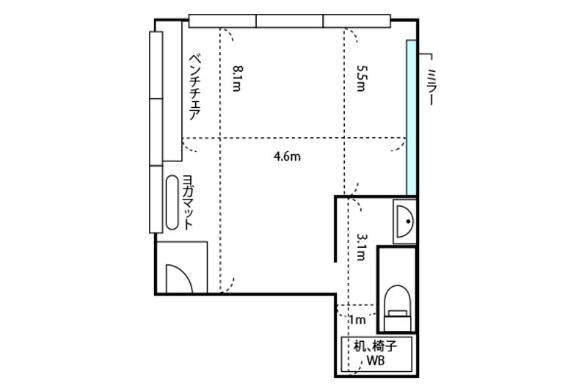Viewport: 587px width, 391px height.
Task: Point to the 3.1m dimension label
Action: tap(360, 247)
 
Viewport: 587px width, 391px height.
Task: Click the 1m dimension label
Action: tap(357, 320)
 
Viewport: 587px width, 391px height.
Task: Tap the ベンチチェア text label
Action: tap(194, 87)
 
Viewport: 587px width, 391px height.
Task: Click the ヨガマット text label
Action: tap(188, 202)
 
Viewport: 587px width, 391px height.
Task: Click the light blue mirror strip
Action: tap(412, 117)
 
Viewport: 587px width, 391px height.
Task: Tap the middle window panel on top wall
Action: tap(290, 21)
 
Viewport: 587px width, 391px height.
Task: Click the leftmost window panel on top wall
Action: tap(222, 21)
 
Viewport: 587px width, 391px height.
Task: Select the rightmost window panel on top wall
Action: tap(357, 21)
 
